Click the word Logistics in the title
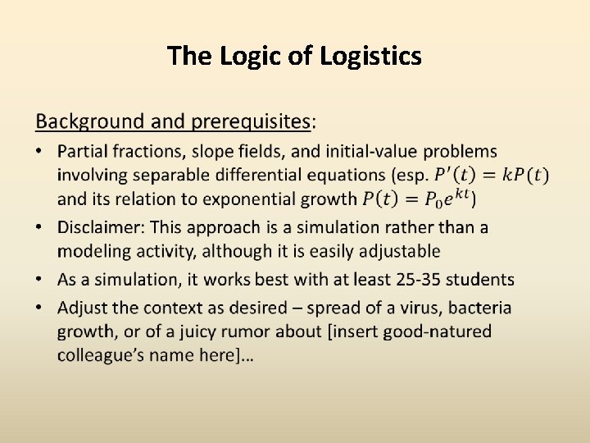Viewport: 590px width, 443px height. (371, 57)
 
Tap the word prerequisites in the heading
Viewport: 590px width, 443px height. (251, 122)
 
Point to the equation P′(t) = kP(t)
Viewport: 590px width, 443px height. (492, 175)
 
